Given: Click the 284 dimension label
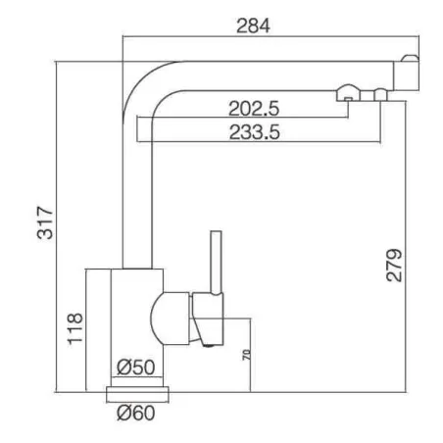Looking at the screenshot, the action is point(253,25).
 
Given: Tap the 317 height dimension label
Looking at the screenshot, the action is point(45,222).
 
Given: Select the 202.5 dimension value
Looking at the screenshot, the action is point(254,109).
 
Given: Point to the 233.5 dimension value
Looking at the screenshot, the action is point(254,132).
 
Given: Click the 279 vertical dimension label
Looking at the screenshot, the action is point(394,265).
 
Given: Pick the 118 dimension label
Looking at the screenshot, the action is point(75,328).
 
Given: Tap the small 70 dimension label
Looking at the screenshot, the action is point(247,355).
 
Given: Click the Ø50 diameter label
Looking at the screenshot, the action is point(136,367).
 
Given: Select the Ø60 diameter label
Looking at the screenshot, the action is point(136,413).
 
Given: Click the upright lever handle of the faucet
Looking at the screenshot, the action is point(216,263).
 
